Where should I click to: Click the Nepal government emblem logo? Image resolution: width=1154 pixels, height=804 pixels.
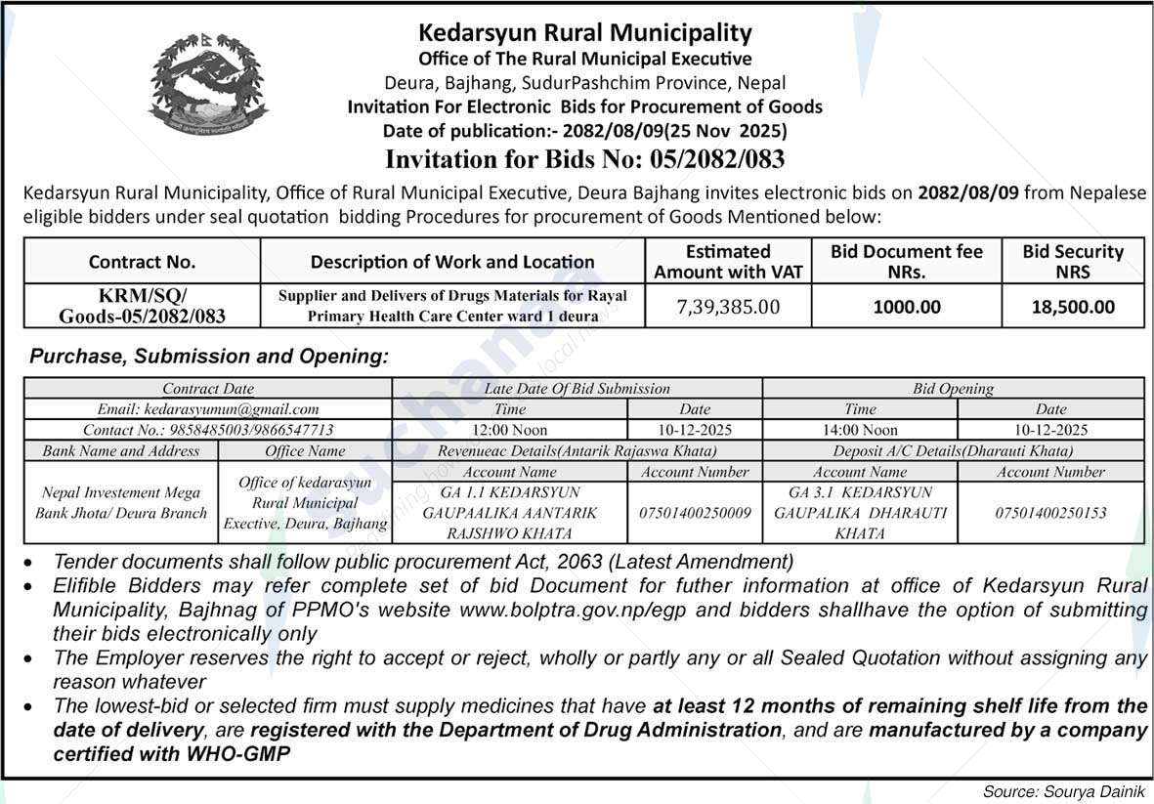pos(209,84)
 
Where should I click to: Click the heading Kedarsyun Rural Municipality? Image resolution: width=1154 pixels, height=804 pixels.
pos(584,33)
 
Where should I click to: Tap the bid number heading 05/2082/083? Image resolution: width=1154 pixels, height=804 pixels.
pos(584,158)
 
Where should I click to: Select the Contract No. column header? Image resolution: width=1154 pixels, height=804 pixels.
pos(142,261)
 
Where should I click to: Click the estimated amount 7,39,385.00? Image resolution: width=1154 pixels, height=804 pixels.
pos(728,307)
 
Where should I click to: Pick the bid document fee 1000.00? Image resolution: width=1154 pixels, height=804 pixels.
pos(906,307)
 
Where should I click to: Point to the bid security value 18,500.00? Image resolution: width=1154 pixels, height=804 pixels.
pos(1073,307)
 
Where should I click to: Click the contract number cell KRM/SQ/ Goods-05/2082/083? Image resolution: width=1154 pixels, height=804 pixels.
pos(142,306)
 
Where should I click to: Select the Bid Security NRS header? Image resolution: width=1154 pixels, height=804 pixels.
pos(1073,261)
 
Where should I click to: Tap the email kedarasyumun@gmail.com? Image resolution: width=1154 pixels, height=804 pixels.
pos(208,409)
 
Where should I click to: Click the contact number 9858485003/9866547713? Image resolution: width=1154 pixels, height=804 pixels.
pos(208,430)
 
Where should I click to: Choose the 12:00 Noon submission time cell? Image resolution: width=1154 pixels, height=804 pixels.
pos(509,430)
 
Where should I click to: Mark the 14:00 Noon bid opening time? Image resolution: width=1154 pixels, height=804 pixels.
pos(860,430)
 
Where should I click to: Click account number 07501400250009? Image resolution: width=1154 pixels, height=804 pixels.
pos(695,512)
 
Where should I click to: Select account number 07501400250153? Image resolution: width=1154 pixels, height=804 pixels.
pos(1050,512)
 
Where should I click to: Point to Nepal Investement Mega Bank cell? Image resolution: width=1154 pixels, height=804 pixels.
pos(121,502)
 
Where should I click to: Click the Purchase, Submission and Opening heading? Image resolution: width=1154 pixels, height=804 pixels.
pos(208,357)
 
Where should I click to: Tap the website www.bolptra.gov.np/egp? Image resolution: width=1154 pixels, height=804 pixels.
pos(571,610)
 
